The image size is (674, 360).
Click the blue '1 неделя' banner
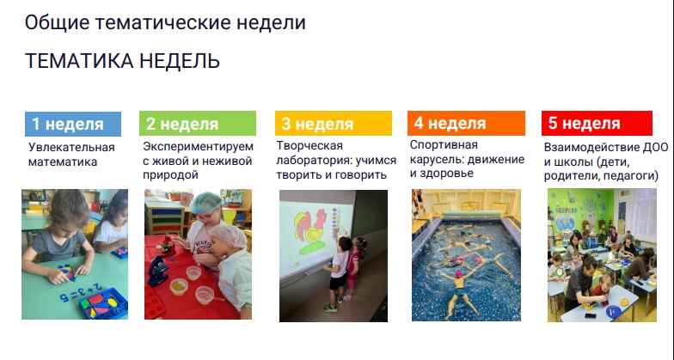click(73, 124)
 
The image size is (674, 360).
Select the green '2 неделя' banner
click(198, 124)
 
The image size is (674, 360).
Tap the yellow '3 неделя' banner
click(334, 124)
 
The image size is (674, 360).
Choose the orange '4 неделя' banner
click(466, 124)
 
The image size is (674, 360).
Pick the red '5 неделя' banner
click(597, 124)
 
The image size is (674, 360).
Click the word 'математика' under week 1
click(63, 162)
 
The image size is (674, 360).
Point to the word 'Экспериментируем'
click(198, 146)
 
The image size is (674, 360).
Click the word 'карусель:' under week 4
click(437, 160)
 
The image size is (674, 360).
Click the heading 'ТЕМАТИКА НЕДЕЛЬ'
click(122, 61)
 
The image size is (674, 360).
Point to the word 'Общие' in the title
click(57, 22)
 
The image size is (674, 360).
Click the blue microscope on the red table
click(158, 272)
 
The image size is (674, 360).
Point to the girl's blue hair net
click(206, 203)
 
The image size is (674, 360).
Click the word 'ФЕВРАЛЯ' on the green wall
click(566, 211)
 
